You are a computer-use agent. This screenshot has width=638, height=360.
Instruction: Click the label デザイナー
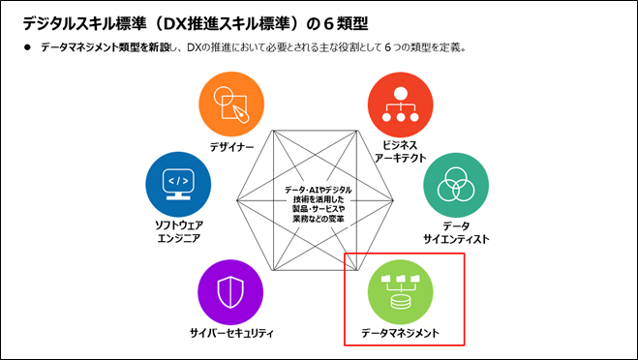pos(231,147)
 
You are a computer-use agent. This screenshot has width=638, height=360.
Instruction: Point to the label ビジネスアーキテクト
pos(401,154)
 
